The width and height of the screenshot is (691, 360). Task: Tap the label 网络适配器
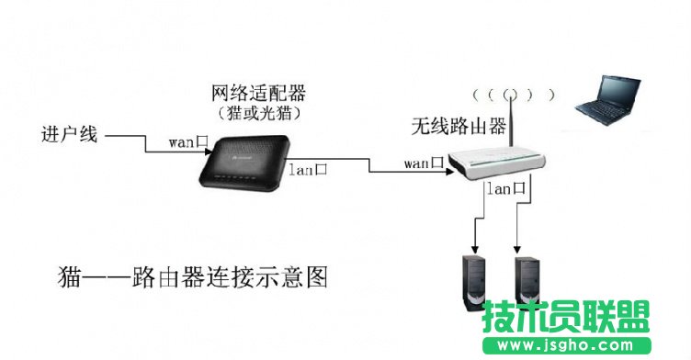coord(258,94)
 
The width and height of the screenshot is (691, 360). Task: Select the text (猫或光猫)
coord(258,113)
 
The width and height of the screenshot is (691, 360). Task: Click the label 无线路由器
coord(459,127)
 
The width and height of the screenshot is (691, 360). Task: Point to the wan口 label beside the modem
coord(190,142)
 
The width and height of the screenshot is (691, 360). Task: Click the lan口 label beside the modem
coord(310,168)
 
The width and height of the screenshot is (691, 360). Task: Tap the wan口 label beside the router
coord(425,163)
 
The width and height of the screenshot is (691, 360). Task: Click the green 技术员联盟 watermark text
coord(566,317)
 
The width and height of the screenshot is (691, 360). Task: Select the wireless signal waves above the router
coord(512,95)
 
